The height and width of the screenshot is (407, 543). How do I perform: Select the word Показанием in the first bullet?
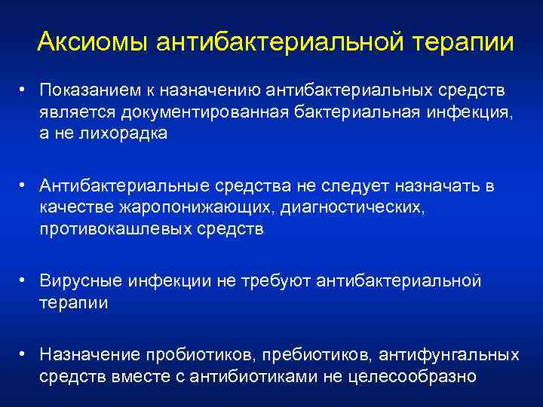point(84,92)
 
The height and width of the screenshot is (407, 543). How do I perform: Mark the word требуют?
point(279,282)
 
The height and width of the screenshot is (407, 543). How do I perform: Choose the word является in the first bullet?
point(73,112)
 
